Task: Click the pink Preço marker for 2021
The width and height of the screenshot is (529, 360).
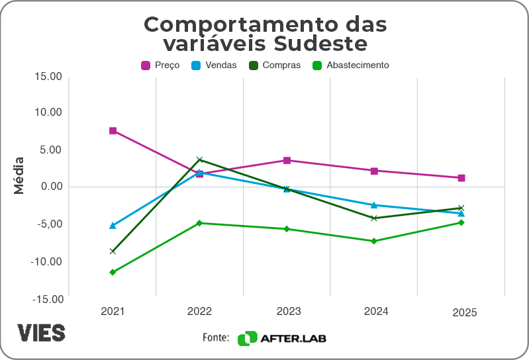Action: [113, 131]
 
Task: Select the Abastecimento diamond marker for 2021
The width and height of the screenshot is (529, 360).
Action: [113, 272]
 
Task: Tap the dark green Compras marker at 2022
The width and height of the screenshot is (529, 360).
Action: [200, 159]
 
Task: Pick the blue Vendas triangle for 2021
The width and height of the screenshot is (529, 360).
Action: [113, 226]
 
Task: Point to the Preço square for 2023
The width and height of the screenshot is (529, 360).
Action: [287, 160]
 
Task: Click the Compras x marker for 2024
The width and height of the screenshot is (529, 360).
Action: [374, 218]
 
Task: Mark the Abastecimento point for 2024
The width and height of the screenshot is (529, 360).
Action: [374, 241]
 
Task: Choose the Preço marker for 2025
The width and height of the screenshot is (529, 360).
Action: [461, 178]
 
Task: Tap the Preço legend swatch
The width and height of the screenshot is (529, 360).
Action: [146, 66]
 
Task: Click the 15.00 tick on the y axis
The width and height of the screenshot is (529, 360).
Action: [48, 76]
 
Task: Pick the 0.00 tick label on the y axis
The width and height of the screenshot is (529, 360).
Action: [51, 187]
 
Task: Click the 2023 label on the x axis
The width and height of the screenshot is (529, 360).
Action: [287, 311]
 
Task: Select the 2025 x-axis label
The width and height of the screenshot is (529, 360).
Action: [464, 313]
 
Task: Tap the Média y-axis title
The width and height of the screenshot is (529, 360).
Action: [19, 175]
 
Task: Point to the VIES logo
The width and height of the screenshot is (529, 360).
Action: [41, 332]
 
